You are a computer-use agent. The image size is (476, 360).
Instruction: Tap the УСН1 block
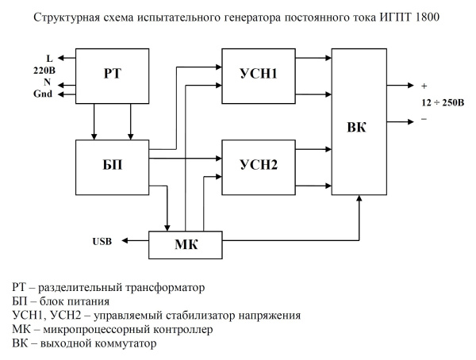pos(259,75)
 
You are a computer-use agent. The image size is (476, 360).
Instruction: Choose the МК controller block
pos(186,243)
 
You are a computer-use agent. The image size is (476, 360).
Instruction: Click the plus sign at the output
pos(424,85)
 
